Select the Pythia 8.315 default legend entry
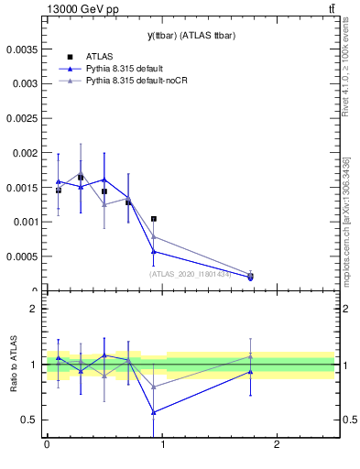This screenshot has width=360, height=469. (126, 68)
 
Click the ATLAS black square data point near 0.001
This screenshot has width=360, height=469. (154, 219)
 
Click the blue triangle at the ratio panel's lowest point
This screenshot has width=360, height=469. (154, 412)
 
